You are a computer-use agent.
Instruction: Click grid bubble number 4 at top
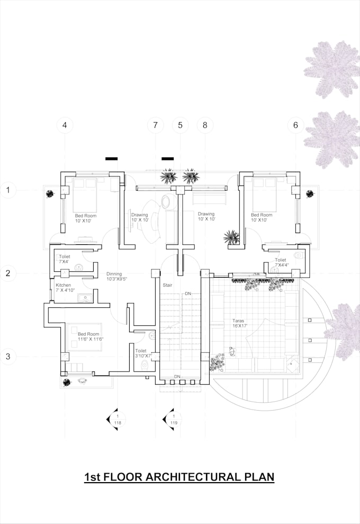click(x=65, y=126)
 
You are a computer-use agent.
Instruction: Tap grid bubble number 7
click(x=155, y=126)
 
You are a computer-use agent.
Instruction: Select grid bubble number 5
click(x=180, y=126)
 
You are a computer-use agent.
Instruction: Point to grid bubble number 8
click(x=205, y=126)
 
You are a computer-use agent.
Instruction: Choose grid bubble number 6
click(x=295, y=126)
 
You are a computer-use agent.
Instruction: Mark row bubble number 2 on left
click(x=8, y=273)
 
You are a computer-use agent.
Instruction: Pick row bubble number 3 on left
click(x=8, y=357)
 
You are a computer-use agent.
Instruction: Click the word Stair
click(x=167, y=286)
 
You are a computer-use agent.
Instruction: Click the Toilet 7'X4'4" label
click(x=281, y=262)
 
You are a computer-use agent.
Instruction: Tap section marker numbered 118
click(x=116, y=419)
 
